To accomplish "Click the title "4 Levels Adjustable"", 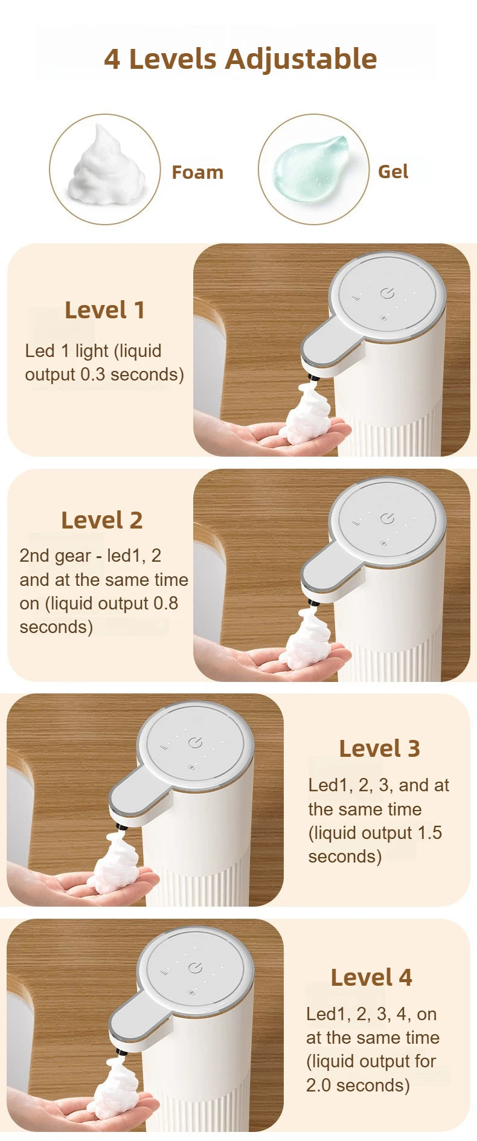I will pyautogui.click(x=240, y=59).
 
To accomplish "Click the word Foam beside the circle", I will pyautogui.click(x=197, y=173).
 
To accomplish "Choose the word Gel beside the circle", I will pyautogui.click(x=393, y=172).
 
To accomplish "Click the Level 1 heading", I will pyautogui.click(x=104, y=310).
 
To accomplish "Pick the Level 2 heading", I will pyautogui.click(x=101, y=520).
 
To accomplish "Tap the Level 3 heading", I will pyautogui.click(x=379, y=748).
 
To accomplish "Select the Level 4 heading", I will pyautogui.click(x=371, y=977).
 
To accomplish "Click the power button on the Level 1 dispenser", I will pyautogui.click(x=387, y=294).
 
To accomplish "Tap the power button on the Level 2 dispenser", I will pyautogui.click(x=387, y=519).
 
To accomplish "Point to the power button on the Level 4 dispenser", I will pyautogui.click(x=194, y=968).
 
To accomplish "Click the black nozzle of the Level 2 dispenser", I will pyautogui.click(x=312, y=602).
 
